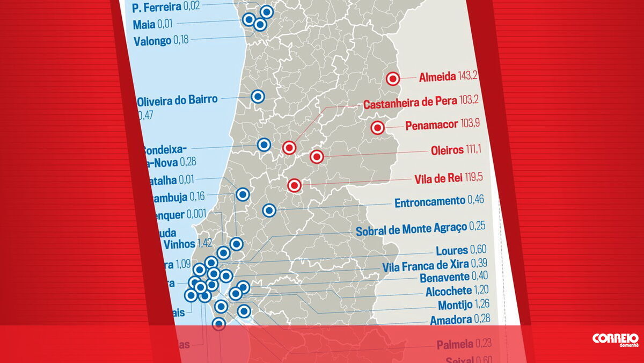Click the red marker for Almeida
(x=393, y=78)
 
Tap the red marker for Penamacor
(x=377, y=128)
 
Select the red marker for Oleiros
(x=317, y=157)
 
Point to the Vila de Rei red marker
(x=294, y=186)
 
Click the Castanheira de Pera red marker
(x=289, y=147)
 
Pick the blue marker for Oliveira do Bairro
(x=258, y=97)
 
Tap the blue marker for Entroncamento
(x=269, y=210)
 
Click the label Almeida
(x=437, y=76)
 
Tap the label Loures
(x=451, y=251)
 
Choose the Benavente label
(x=445, y=278)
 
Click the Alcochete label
(x=449, y=292)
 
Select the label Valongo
(x=152, y=41)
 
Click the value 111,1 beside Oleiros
(x=473, y=150)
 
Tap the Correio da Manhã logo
(x=615, y=339)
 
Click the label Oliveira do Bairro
(x=177, y=100)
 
